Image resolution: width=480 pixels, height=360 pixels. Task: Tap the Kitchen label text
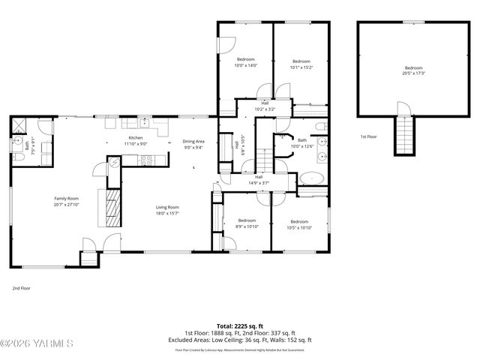[135, 138]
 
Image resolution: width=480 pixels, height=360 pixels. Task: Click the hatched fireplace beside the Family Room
[110, 207]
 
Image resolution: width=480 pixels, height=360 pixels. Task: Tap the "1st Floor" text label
[367, 136]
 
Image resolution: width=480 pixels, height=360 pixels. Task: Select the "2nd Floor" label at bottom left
[21, 288]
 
